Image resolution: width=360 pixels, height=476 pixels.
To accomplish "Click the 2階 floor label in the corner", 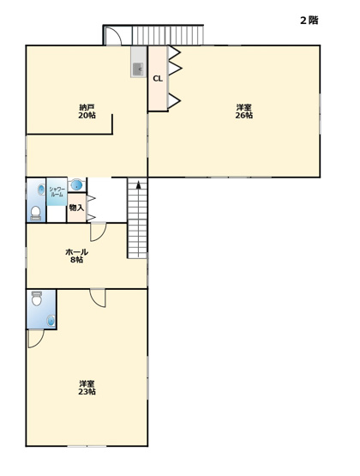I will (309, 20).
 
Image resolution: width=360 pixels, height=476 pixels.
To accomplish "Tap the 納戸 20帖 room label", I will (87, 111).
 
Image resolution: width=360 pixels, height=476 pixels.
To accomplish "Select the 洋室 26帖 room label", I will (244, 111).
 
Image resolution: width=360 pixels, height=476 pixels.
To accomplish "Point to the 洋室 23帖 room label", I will (87, 388).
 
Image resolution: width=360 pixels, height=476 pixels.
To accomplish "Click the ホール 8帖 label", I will (76, 256).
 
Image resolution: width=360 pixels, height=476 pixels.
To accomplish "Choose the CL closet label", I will (158, 78).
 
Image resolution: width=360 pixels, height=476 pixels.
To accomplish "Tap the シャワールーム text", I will (57, 191).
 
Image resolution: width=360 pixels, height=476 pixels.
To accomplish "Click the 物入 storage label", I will (76, 208).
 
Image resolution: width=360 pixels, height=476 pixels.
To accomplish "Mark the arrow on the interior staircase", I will (137, 185).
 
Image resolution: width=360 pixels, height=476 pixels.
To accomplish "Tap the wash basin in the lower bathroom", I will (51, 320).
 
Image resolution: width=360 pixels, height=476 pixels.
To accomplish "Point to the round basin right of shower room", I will (77, 184).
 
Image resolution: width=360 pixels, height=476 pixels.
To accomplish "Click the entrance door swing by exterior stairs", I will (117, 36).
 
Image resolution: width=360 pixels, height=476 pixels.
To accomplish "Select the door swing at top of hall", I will (99, 231).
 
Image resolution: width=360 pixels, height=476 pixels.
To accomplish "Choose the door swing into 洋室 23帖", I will (98, 298).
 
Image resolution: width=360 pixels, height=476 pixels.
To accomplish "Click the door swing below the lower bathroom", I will (35, 338).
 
